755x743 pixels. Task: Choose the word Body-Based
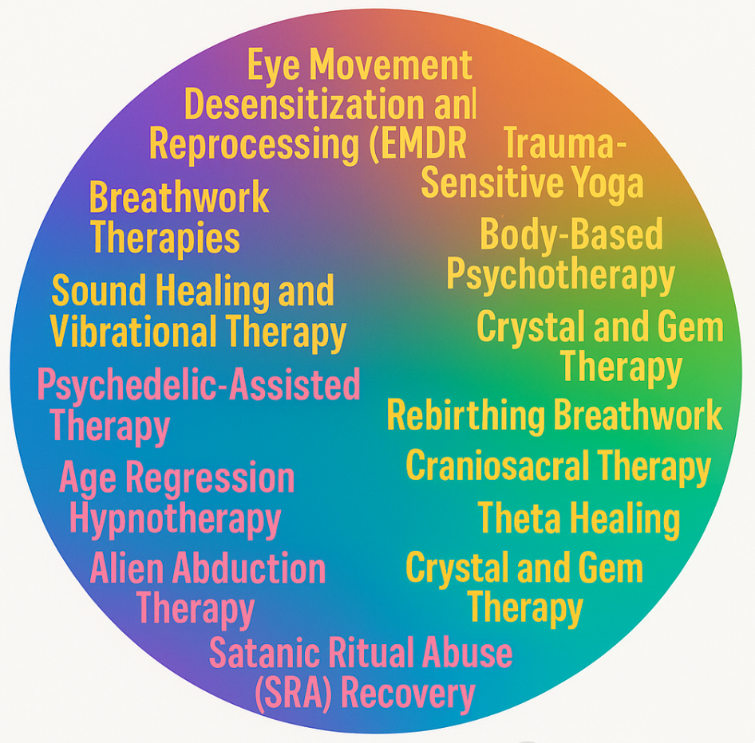571,236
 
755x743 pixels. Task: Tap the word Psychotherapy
560,275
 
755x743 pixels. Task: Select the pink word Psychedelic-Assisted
199,386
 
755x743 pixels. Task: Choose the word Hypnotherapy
175,519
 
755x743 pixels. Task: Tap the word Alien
127,569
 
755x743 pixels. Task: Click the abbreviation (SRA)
292,694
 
